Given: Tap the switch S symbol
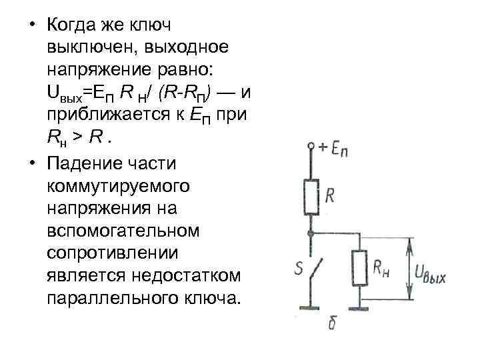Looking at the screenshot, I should [x=311, y=270].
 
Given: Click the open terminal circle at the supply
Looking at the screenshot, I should [x=311, y=145].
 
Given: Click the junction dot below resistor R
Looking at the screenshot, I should [x=311, y=233].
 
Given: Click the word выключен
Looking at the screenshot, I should [x=85, y=47].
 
